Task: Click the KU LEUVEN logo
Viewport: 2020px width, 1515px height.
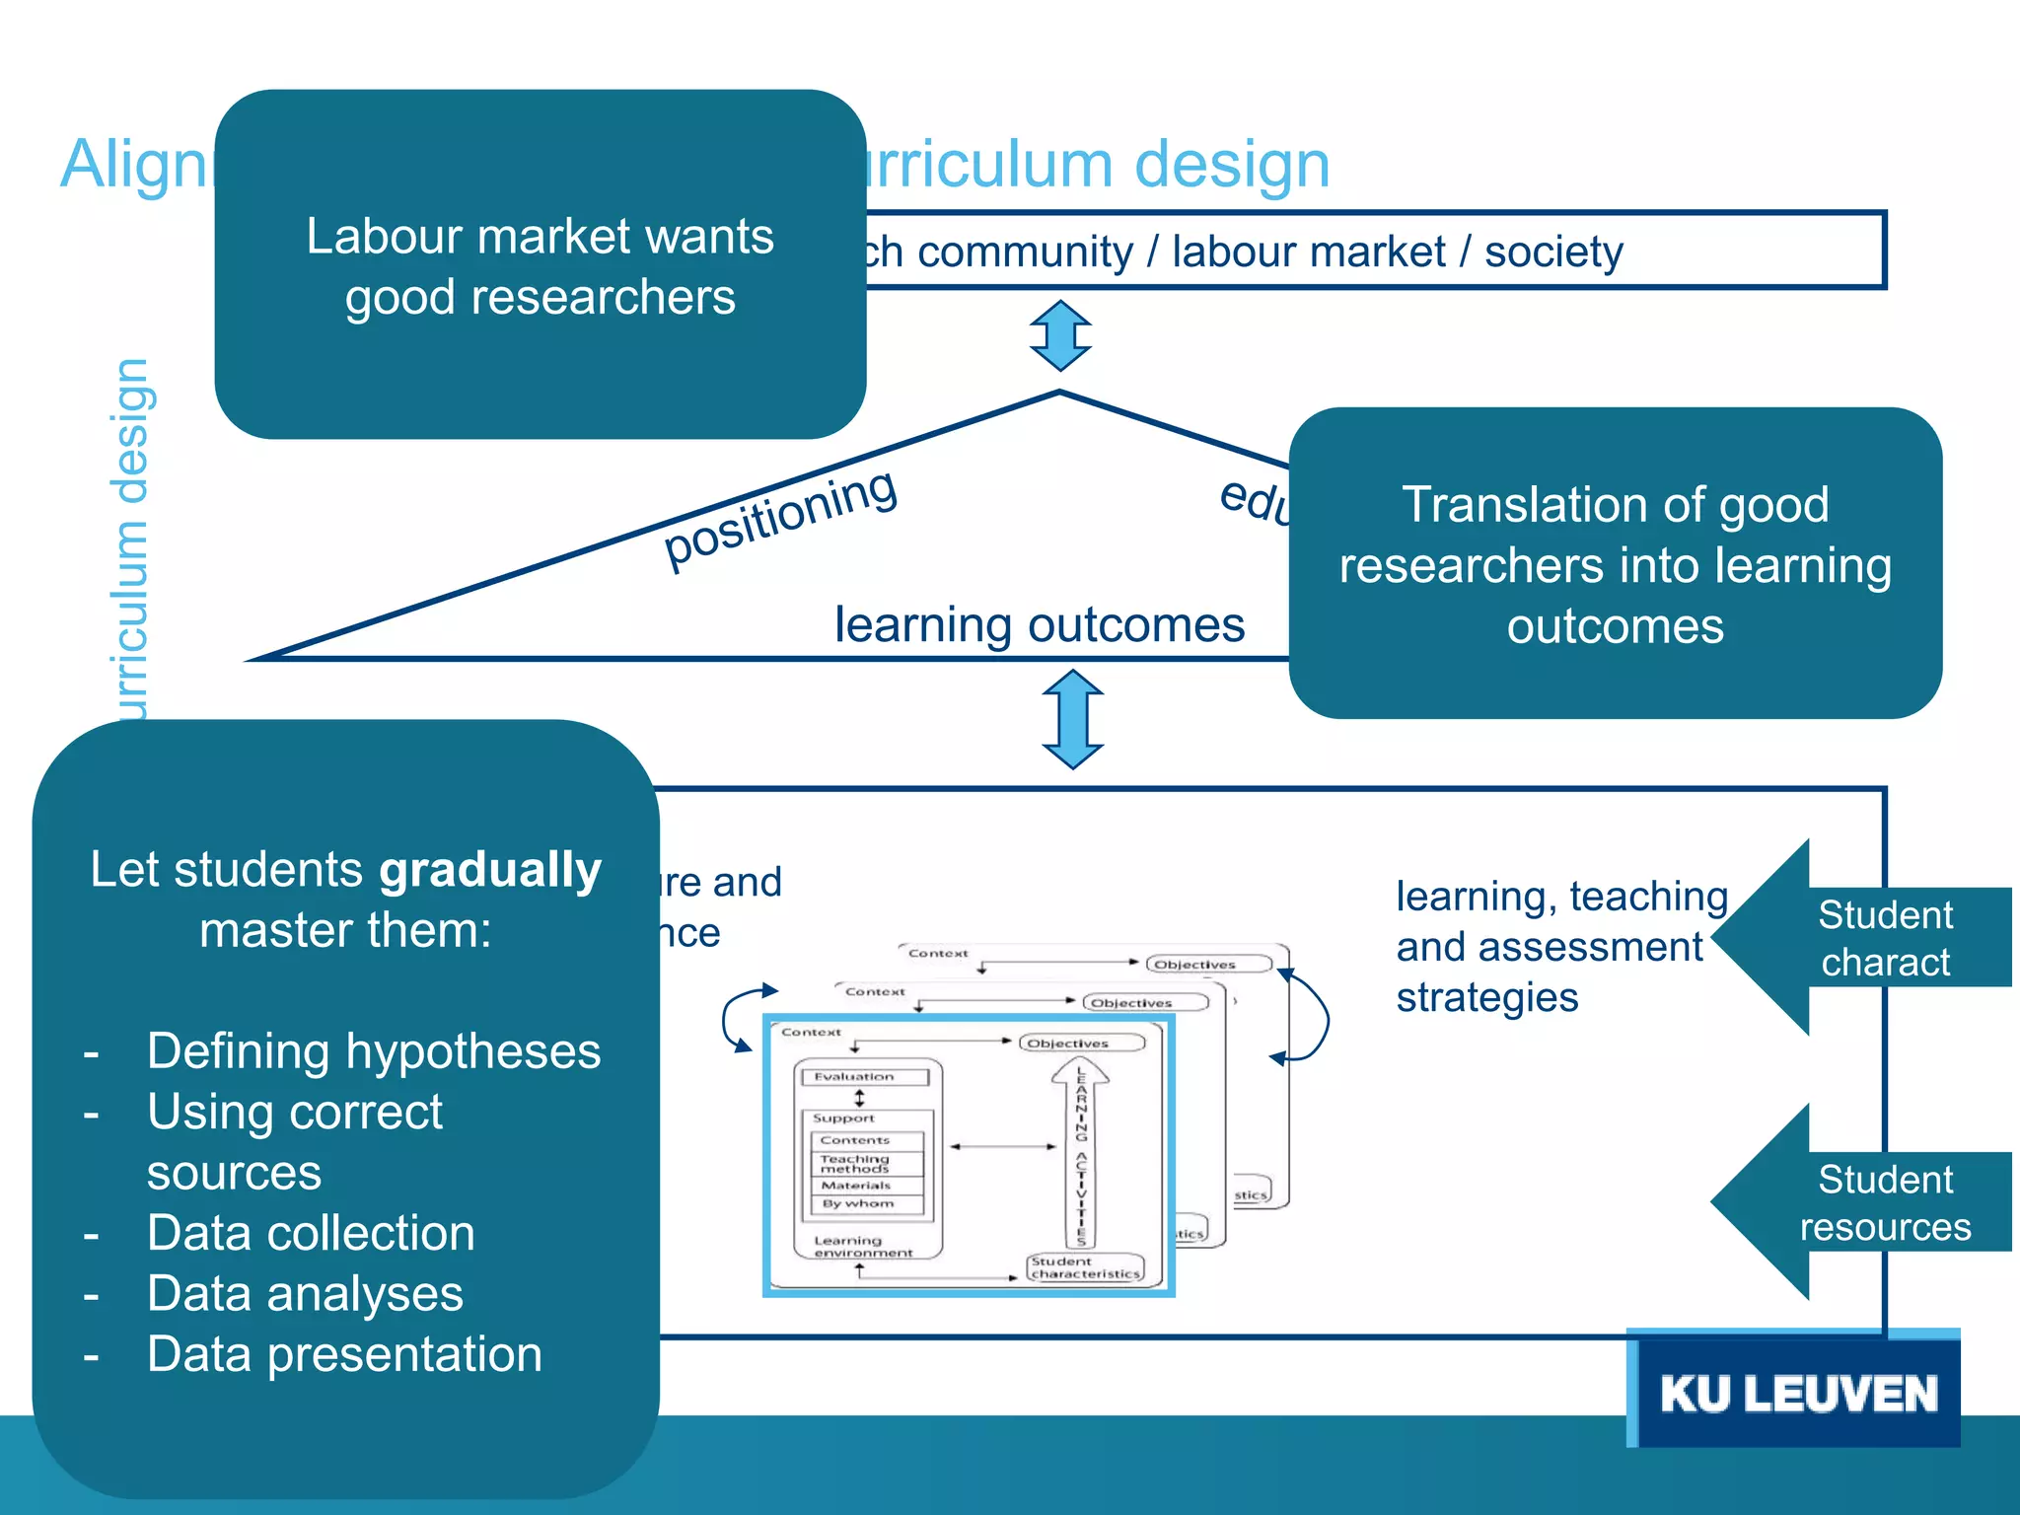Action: (1797, 1393)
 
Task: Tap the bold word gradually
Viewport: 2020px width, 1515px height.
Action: (490, 870)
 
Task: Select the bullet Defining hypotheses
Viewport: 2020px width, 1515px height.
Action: (373, 1050)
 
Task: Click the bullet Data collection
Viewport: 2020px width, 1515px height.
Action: (311, 1233)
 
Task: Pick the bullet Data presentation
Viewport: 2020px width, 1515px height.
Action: (344, 1354)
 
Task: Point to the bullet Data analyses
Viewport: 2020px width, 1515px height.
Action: (305, 1293)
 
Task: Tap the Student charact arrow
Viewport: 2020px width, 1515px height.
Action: (1864, 938)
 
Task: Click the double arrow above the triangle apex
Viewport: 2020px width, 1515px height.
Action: (1060, 335)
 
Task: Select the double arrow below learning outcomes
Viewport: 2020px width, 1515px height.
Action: (1073, 719)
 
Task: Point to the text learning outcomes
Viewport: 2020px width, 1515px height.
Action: (1039, 624)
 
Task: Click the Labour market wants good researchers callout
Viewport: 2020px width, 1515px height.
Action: (540, 265)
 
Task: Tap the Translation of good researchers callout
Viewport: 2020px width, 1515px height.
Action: (1615, 564)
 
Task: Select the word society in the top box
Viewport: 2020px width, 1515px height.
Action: (1553, 252)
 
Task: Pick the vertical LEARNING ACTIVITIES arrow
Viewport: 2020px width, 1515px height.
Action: (1081, 1154)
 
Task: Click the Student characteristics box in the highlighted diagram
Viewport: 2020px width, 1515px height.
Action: (1085, 1267)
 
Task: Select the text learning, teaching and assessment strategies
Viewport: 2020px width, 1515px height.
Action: (1560, 946)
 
